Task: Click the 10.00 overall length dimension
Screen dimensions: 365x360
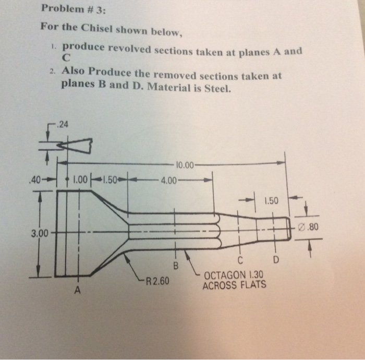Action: coord(185,166)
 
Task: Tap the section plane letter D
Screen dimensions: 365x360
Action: coord(276,259)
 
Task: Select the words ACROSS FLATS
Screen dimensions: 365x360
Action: coord(235,285)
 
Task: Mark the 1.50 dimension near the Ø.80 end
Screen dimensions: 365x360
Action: coord(272,200)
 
